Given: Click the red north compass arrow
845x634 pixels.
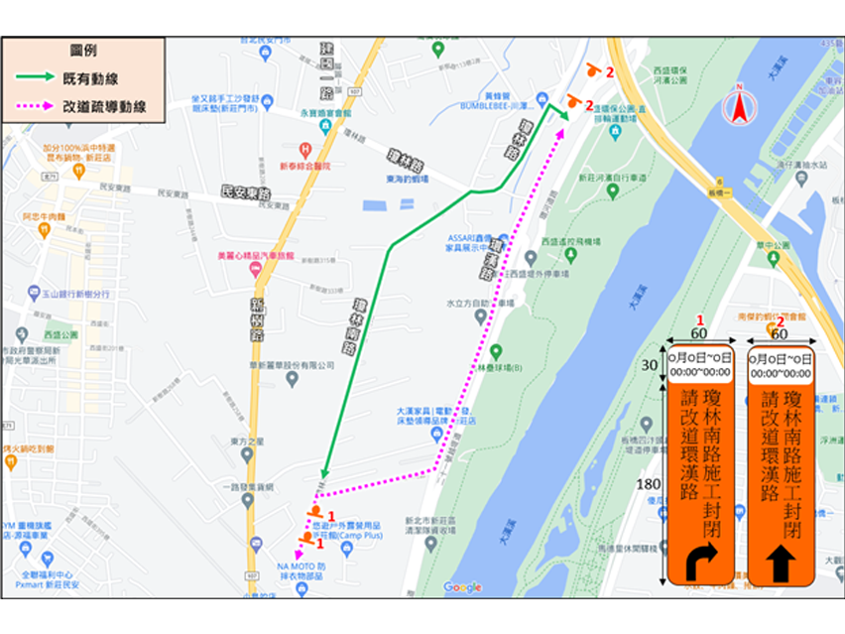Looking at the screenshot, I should (739, 105).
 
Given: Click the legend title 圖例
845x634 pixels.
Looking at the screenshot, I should (82, 50).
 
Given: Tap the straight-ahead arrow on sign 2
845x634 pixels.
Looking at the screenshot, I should (779, 562).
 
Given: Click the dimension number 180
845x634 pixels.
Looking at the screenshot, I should (648, 483).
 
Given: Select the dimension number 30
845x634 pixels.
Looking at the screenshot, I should (649, 365).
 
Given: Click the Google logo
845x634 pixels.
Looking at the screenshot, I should (462, 587).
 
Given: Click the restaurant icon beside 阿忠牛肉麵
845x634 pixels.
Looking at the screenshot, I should (44, 229).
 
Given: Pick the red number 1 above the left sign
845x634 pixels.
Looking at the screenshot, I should (699, 320).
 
